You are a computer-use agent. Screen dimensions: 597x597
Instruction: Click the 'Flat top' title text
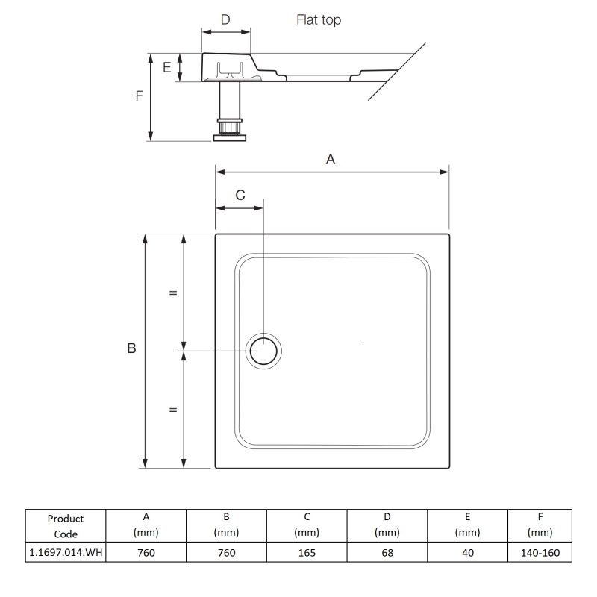[319, 20]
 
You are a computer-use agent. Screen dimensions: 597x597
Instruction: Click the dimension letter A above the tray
[331, 158]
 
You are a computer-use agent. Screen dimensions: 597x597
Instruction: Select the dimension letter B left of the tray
[131, 348]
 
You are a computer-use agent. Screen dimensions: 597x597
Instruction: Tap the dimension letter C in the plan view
[240, 195]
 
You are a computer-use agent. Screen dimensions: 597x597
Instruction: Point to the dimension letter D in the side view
[225, 19]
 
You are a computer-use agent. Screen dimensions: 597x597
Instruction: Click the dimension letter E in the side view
[167, 68]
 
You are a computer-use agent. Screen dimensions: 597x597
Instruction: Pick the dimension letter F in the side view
[139, 96]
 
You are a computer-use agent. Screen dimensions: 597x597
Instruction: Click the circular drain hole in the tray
[264, 350]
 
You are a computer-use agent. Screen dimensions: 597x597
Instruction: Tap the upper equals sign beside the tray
[173, 293]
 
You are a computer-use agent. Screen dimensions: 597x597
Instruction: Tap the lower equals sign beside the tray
[173, 410]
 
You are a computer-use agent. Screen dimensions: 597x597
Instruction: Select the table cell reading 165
[306, 553]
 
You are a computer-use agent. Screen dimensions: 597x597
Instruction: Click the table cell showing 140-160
[539, 553]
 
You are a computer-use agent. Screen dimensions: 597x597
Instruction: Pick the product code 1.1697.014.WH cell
[66, 553]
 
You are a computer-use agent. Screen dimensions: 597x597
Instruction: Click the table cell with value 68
[387, 553]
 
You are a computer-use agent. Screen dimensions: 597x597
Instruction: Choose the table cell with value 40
[466, 553]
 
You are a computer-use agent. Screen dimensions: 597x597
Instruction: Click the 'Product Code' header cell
[66, 525]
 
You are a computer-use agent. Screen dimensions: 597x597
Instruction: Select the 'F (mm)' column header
[539, 525]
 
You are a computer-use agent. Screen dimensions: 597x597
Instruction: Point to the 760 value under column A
[146, 553]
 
